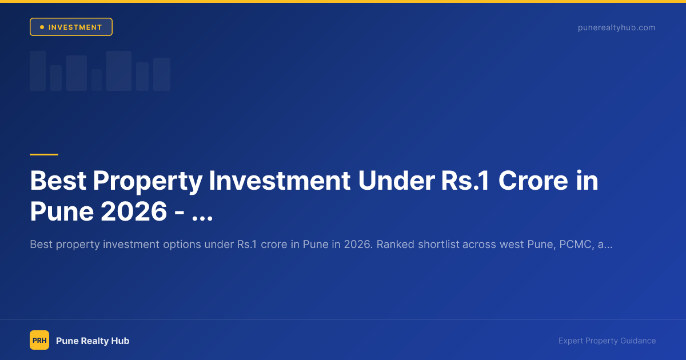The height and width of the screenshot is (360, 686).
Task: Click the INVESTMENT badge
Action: pyautogui.click(x=71, y=27)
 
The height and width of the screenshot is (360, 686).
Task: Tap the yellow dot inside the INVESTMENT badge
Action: pyautogui.click(x=42, y=27)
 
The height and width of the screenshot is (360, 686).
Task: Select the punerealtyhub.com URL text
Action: pyautogui.click(x=616, y=27)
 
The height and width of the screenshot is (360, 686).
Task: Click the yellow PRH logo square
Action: pyautogui.click(x=39, y=341)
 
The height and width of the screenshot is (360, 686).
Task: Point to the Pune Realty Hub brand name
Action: pyautogui.click(x=93, y=341)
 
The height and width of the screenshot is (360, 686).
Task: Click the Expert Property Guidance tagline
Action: pyautogui.click(x=607, y=341)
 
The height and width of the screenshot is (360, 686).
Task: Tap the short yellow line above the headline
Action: pyautogui.click(x=44, y=154)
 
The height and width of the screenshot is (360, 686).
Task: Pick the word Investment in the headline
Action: pyautogui.click(x=280, y=181)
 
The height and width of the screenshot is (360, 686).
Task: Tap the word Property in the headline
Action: pyautogui.click(x=147, y=181)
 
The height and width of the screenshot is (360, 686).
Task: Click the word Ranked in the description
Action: pyautogui.click(x=395, y=245)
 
